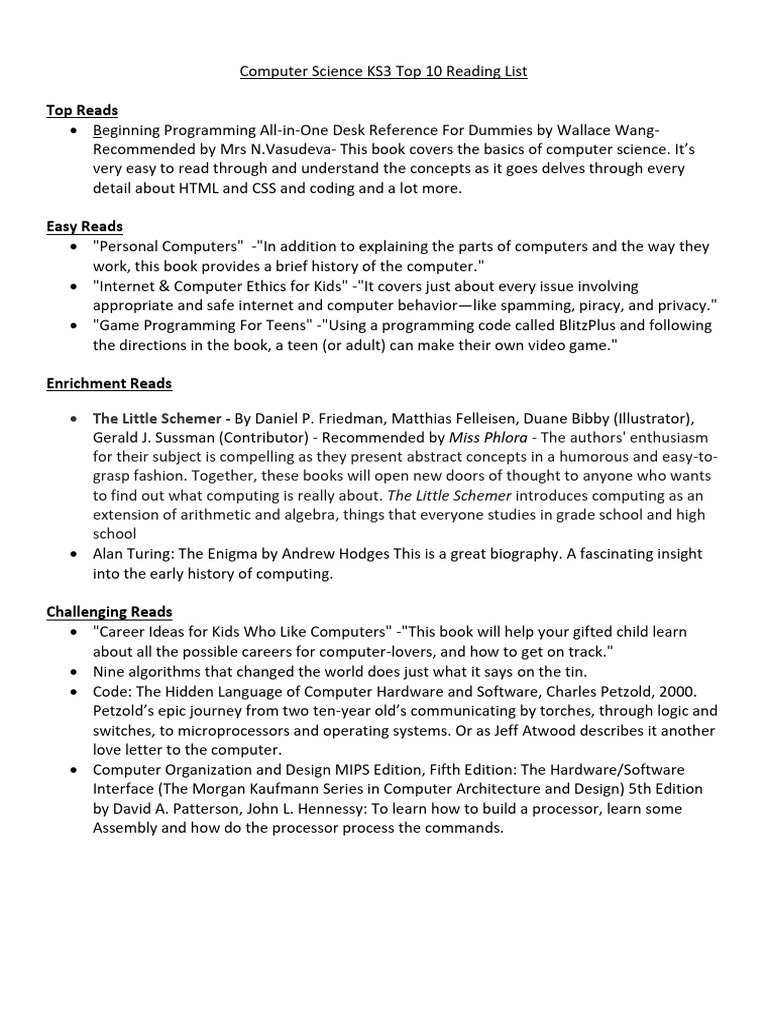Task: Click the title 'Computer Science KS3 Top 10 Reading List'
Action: pyautogui.click(x=384, y=71)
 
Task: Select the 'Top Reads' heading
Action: pyautogui.click(x=82, y=110)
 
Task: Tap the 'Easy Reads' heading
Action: pyautogui.click(x=84, y=226)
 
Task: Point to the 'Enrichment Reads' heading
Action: pyautogui.click(x=109, y=383)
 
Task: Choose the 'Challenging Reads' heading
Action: pyautogui.click(x=109, y=611)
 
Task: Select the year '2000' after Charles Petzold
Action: pyautogui.click(x=677, y=691)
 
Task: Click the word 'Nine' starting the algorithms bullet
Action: pyautogui.click(x=109, y=671)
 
